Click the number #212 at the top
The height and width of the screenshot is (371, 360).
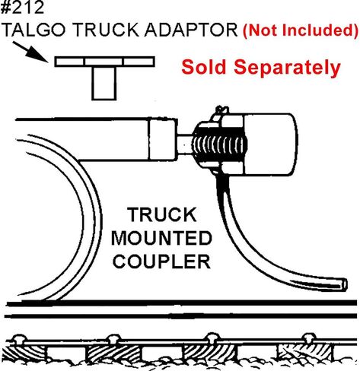(22, 8)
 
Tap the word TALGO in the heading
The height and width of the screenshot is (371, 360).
(35, 30)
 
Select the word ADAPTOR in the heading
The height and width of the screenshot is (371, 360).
(191, 30)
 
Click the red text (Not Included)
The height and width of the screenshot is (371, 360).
(301, 30)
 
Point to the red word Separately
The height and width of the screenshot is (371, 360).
(287, 68)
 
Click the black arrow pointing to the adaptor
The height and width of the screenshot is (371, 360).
(30, 52)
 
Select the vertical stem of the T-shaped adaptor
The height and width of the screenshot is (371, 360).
(104, 84)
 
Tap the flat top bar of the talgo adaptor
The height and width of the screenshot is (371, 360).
(104, 62)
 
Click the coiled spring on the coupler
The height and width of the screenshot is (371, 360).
(218, 146)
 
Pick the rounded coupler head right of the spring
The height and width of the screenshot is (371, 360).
(270, 144)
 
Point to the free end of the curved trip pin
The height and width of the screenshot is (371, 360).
(345, 284)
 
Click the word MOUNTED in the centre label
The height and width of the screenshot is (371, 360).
(161, 238)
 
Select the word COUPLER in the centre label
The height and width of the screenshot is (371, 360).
(161, 262)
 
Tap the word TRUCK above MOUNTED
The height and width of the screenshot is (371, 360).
(162, 214)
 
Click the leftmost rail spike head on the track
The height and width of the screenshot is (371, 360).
(19, 338)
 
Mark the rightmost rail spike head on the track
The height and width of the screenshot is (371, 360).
(308, 338)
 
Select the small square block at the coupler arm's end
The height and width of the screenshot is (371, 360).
(163, 139)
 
